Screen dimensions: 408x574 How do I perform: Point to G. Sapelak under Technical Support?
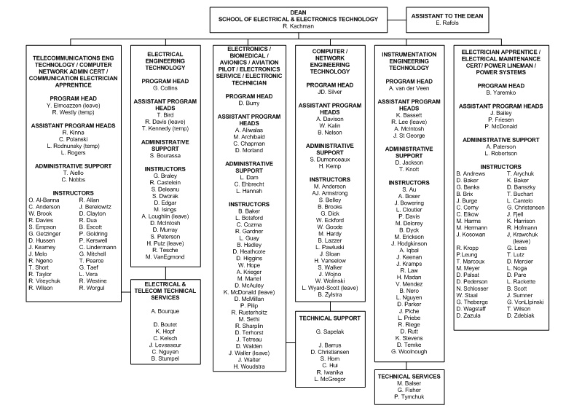(330, 331)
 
